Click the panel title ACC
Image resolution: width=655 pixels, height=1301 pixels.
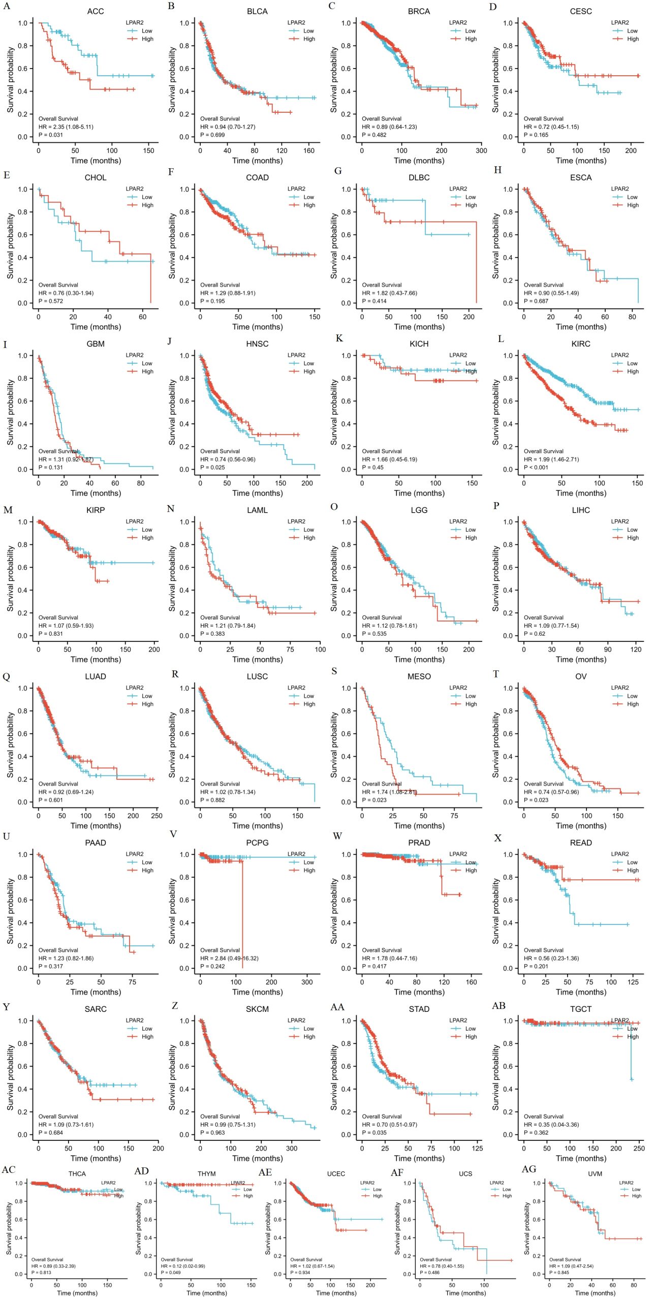tap(96, 11)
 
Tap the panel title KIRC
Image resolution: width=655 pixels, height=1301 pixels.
tap(580, 344)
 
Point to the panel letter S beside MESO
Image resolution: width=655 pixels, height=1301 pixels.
tap(334, 671)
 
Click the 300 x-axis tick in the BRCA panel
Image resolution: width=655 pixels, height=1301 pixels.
tap(481, 150)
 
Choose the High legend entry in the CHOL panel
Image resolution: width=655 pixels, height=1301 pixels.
tap(147, 205)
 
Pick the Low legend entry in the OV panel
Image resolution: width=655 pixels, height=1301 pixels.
tap(632, 696)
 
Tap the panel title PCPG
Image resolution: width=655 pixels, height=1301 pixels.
tap(257, 843)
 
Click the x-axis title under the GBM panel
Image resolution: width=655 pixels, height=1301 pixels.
tap(96, 493)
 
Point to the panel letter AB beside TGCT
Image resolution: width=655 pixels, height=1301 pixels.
tap(498, 1006)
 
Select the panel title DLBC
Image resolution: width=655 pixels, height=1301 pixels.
tap(419, 178)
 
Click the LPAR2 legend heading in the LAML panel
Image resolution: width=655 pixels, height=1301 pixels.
tap(296, 521)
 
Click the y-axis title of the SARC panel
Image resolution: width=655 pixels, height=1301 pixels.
tap(10, 1077)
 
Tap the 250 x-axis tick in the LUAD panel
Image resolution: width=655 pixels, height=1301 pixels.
tap(157, 816)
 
